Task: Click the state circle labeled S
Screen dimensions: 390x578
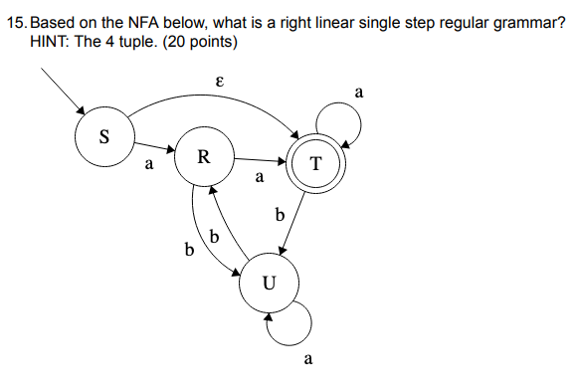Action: tap(103, 135)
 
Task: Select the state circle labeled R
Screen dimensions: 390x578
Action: tap(202, 156)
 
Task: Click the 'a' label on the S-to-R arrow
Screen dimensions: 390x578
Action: tap(149, 167)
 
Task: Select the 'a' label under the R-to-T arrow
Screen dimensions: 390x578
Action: tap(259, 180)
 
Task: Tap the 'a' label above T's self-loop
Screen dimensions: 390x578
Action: tap(359, 93)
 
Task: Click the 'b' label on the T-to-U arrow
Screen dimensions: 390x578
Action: tap(280, 214)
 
